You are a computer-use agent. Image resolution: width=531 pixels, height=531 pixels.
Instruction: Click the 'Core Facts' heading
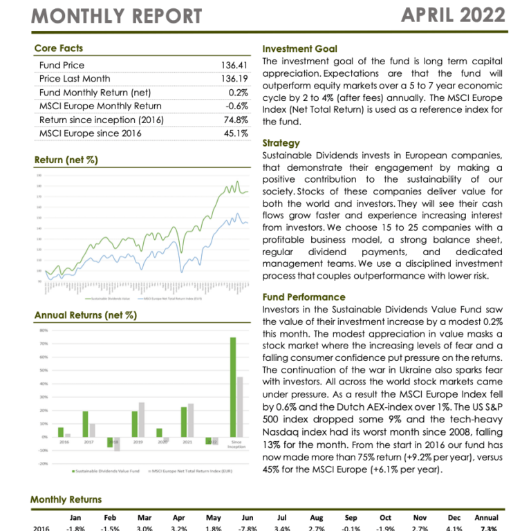point(58,48)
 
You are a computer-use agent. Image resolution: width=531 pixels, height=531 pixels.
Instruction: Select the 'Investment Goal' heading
point(300,49)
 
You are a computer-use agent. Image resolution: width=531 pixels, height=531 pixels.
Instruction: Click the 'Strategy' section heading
point(281,143)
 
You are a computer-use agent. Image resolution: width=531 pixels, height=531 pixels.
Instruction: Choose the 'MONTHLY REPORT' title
point(117,16)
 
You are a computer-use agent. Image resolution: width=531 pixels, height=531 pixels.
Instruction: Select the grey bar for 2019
point(142,420)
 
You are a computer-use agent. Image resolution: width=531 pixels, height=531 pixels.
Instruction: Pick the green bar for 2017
point(85,424)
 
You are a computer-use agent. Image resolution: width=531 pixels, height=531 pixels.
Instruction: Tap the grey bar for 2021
point(191,420)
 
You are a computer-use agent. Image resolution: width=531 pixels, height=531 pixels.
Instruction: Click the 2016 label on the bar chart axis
point(64,442)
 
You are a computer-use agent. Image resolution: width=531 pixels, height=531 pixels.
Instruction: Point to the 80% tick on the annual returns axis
point(43,330)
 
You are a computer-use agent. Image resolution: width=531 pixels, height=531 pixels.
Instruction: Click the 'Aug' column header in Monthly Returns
point(316,517)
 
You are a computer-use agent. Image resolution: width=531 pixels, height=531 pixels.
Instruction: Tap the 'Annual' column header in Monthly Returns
point(486,517)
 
